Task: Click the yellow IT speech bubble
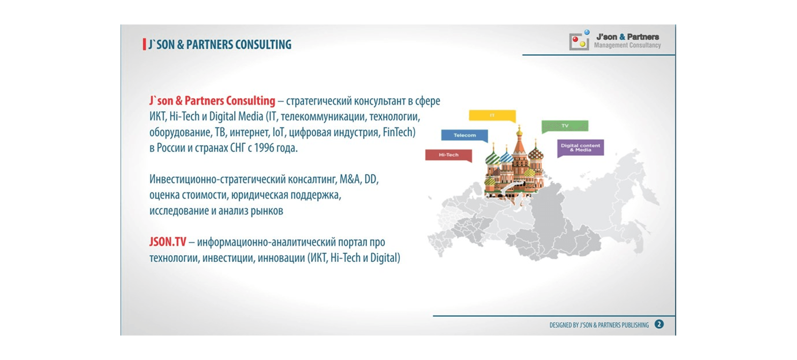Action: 492,116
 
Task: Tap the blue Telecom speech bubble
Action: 464,135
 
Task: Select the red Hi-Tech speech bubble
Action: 449,155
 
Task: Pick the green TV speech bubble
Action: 565,126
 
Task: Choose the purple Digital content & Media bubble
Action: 580,148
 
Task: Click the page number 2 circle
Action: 659,324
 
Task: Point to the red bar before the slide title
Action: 144,44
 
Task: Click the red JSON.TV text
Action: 168,242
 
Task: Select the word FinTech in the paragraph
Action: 399,132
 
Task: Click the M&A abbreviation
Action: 350,179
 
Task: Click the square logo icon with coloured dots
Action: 579,42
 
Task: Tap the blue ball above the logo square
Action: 587,32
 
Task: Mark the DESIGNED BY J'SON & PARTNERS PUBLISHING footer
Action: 599,325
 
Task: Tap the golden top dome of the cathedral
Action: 519,132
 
